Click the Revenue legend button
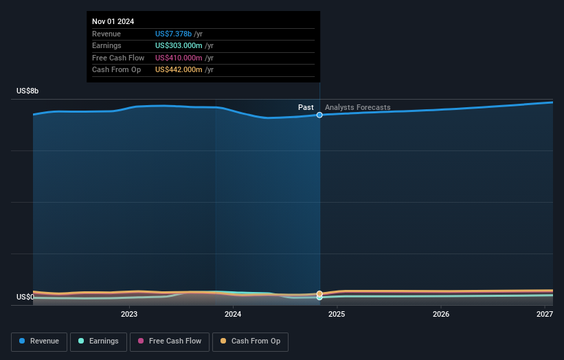(x=40, y=341)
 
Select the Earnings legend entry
(x=98, y=341)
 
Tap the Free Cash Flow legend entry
(x=169, y=341)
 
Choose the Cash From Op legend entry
(x=250, y=341)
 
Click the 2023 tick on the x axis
(x=129, y=315)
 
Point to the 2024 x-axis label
(x=233, y=315)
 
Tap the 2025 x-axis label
(x=337, y=315)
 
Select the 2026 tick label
(x=441, y=315)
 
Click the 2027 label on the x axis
(x=545, y=315)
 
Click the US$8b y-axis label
(x=27, y=91)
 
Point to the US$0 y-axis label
(x=25, y=297)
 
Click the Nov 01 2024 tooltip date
(x=113, y=21)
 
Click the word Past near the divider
(x=306, y=107)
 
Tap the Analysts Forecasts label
(x=357, y=107)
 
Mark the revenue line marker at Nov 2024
(x=319, y=115)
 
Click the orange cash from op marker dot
(x=319, y=294)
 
